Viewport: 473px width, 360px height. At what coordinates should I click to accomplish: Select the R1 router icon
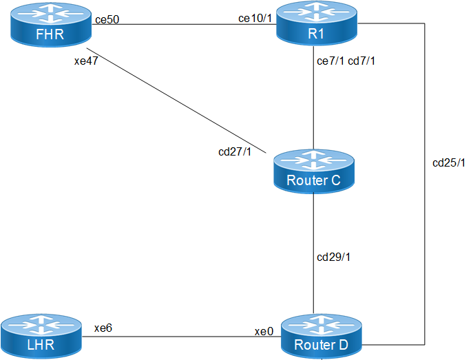click(x=319, y=25)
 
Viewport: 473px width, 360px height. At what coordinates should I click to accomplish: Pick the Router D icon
click(x=321, y=336)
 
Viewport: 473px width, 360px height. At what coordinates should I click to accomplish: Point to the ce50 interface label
click(x=107, y=19)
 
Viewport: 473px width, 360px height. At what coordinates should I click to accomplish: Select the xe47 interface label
click(x=87, y=61)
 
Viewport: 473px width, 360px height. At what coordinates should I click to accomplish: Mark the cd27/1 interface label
click(x=234, y=151)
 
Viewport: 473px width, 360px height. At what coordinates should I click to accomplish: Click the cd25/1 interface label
click(x=448, y=163)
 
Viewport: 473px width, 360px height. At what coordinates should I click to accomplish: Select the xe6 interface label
click(x=103, y=329)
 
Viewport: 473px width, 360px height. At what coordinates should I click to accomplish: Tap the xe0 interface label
click(x=264, y=331)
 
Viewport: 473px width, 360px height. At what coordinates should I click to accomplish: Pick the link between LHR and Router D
click(x=179, y=337)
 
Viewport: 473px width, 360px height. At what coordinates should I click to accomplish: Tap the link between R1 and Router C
click(x=315, y=103)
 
